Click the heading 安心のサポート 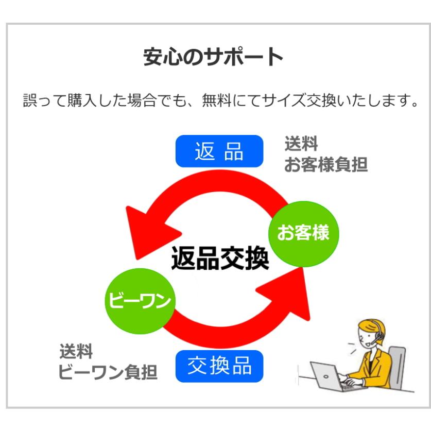point(213,57)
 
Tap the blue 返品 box point(219,151)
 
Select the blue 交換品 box point(219,366)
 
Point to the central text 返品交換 point(220,258)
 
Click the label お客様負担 point(325,165)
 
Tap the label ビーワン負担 point(107,372)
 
